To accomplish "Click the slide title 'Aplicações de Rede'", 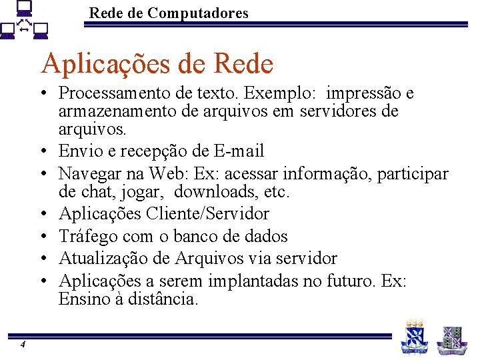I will [157, 65].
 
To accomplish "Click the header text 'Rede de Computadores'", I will [169, 13].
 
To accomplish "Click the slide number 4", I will [23, 344].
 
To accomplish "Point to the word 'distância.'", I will [160, 299].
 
